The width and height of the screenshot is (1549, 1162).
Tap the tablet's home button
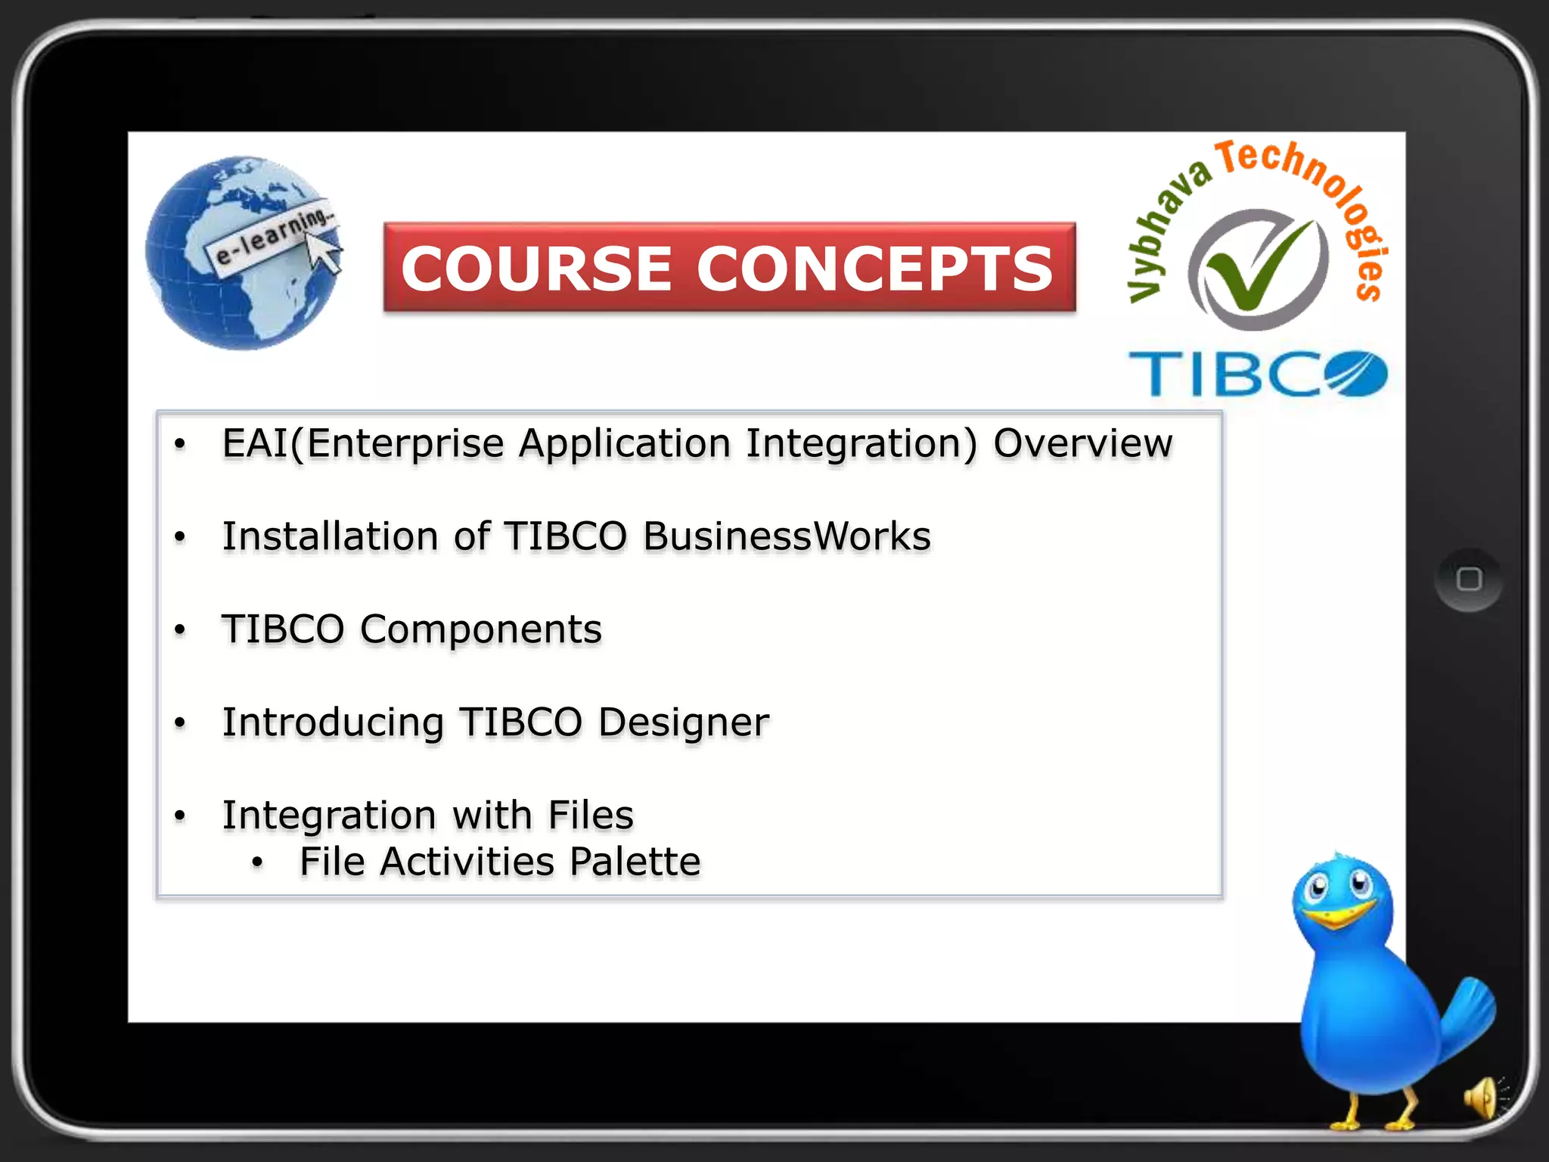pos(1468,579)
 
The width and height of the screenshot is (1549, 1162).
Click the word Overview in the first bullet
pos(1082,443)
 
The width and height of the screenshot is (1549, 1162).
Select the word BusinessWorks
pos(787,536)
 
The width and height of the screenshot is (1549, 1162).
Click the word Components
pos(480,629)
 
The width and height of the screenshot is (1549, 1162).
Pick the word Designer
pos(683,722)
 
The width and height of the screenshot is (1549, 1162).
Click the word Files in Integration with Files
pos(590,816)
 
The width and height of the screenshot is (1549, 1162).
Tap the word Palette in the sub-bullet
pos(635,862)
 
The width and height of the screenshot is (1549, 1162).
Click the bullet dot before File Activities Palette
pos(257,862)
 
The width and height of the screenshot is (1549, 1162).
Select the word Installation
pos(330,536)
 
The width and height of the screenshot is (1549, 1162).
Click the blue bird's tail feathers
pos(1467,1014)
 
